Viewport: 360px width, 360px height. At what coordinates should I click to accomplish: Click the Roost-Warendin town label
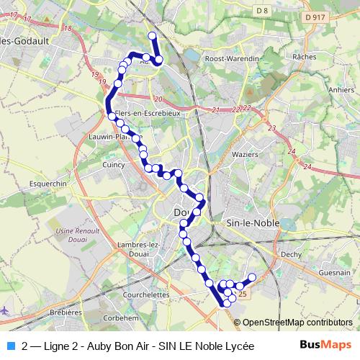[x=232, y=58]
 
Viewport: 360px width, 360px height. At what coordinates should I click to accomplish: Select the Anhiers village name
[x=340, y=90]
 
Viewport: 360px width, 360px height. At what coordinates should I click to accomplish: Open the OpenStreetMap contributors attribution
[x=297, y=323]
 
